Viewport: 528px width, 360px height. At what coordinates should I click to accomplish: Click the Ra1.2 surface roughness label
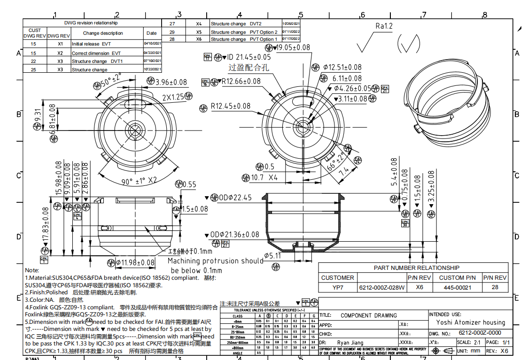click(x=383, y=26)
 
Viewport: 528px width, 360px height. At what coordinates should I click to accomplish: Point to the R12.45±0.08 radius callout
click(x=230, y=106)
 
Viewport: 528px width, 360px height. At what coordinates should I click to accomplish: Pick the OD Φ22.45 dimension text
click(x=238, y=197)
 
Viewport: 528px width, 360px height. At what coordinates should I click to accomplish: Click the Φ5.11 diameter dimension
click(x=272, y=256)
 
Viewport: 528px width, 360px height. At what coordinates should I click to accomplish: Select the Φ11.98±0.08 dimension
click(x=135, y=262)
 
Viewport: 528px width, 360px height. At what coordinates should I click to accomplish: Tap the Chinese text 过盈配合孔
click(x=248, y=68)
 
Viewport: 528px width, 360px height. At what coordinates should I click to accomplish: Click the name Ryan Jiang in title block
click(x=350, y=343)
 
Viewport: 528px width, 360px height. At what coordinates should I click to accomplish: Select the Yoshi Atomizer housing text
click(x=470, y=322)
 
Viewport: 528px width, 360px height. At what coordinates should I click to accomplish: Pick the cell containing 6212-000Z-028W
click(x=381, y=287)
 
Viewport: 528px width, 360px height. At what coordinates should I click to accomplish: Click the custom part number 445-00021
click(x=457, y=287)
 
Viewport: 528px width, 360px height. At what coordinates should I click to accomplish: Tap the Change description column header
click(x=103, y=33)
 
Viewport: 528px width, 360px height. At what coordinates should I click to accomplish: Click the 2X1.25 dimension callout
click(x=173, y=98)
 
